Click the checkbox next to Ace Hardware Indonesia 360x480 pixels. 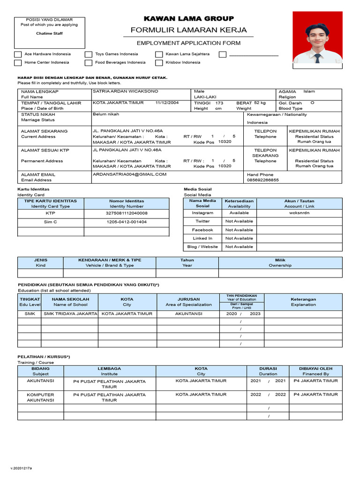click(x=18, y=54)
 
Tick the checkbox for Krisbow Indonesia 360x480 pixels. click(x=159, y=62)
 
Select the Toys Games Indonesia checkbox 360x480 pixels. click(x=89, y=54)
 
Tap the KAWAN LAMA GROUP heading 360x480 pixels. click(x=188, y=19)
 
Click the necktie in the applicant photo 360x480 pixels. click(x=317, y=58)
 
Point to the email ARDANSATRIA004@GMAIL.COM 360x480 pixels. click(x=130, y=174)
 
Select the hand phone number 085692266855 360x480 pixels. click(x=262, y=180)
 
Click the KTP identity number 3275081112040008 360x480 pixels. click(x=127, y=213)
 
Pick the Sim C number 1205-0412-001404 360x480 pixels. click(x=127, y=222)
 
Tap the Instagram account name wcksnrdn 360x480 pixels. click(x=299, y=213)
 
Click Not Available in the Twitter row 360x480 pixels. click(x=239, y=221)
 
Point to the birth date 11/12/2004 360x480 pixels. click(x=167, y=103)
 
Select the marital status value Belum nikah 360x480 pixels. click(x=106, y=114)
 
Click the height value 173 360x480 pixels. click(x=219, y=103)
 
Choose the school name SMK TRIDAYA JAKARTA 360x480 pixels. click(x=70, y=314)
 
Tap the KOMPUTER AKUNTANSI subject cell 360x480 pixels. click(x=40, y=397)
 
